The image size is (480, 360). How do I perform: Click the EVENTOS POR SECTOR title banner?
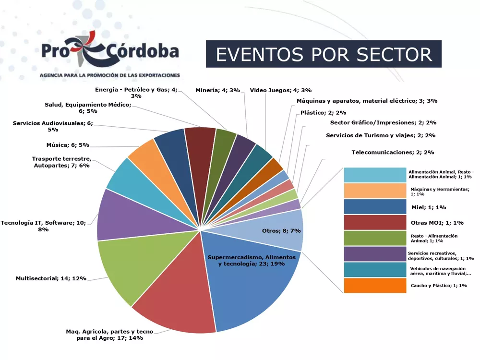(x=324, y=54)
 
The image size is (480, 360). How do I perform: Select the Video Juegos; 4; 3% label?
(x=281, y=90)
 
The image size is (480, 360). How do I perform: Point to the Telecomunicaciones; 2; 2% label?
(x=393, y=152)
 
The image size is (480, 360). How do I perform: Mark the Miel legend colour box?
(x=375, y=207)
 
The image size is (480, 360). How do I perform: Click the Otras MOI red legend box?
(x=375, y=223)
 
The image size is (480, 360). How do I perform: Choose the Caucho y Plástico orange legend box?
(x=375, y=286)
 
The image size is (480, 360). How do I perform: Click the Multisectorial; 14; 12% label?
(x=51, y=278)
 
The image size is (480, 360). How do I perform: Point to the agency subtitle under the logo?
(x=110, y=75)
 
